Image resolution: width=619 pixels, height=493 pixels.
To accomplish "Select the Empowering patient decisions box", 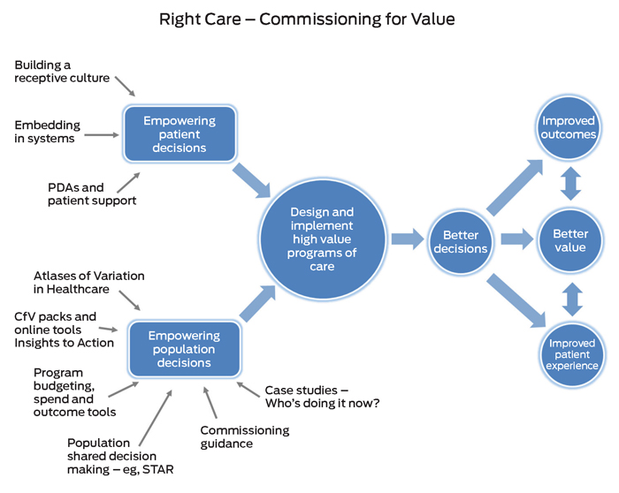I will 180,135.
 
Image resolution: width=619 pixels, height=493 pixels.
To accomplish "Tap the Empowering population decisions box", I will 185,349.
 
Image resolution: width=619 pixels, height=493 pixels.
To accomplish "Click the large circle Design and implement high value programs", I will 322,239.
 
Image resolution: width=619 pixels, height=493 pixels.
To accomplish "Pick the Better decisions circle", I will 460,241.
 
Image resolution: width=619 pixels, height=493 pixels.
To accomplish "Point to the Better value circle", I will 569,241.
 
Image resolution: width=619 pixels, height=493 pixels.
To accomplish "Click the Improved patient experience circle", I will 571,354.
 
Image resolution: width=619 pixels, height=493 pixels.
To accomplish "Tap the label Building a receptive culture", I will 62,72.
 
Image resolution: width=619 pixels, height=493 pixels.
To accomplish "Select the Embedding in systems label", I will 47,132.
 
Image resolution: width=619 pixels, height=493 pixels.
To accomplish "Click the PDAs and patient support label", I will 88,194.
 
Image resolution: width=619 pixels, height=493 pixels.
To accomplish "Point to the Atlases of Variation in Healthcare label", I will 88,283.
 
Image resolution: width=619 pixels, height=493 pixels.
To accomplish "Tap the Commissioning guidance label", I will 244,436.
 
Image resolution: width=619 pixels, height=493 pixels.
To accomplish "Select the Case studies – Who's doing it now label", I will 322,397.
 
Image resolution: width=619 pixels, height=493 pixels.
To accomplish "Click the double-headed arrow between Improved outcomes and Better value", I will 570,184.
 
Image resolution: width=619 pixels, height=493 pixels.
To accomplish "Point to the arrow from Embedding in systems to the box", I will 103,135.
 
